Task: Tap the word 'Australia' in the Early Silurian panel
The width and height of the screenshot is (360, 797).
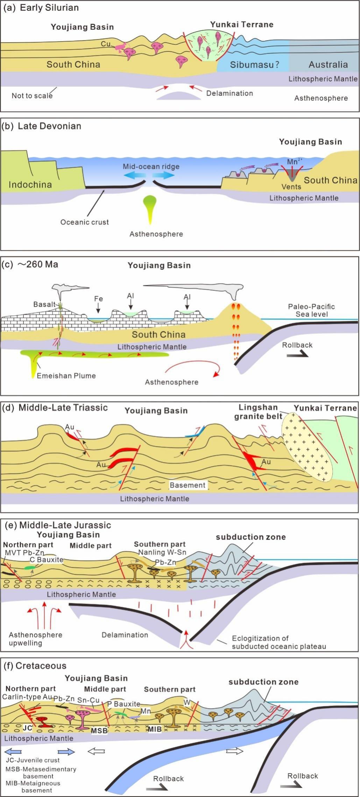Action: click(328, 64)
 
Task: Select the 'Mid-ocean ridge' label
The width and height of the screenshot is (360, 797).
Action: click(151, 167)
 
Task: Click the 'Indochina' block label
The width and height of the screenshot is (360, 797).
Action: click(30, 184)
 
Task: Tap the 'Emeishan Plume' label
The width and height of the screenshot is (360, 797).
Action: click(66, 376)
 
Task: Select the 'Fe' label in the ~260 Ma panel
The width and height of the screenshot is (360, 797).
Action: click(98, 299)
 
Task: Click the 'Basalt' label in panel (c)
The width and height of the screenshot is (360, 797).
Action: click(44, 304)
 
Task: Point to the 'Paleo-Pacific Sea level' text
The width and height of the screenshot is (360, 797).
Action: click(311, 310)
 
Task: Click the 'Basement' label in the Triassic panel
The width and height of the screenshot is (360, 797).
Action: click(188, 485)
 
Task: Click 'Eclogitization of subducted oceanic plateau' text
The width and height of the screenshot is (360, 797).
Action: click(278, 642)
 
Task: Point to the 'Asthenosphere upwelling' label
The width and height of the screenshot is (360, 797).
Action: click(35, 639)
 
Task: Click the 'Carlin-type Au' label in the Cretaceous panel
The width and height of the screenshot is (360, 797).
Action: click(27, 697)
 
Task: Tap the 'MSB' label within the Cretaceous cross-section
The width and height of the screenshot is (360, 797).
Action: click(99, 730)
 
